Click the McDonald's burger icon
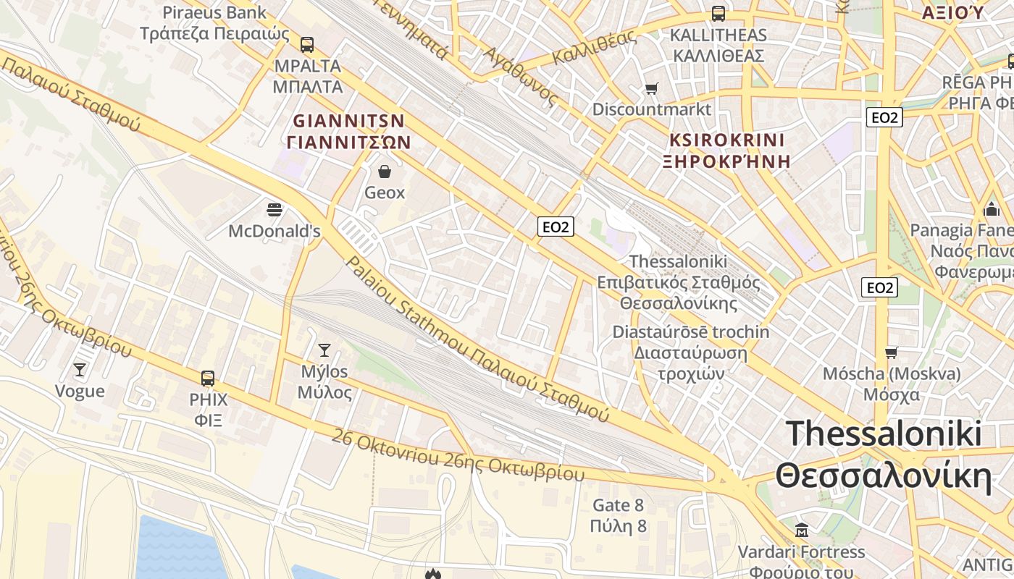click(x=275, y=210)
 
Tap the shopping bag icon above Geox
click(x=385, y=172)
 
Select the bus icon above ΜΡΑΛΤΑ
click(x=307, y=44)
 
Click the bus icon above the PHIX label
click(x=208, y=378)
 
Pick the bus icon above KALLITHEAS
click(x=718, y=13)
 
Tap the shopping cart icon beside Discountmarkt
click(x=652, y=89)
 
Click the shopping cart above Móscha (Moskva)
click(x=891, y=352)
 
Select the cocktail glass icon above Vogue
click(x=80, y=370)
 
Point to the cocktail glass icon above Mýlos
click(x=324, y=350)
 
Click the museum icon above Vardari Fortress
click(x=801, y=530)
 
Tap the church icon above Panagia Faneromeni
click(x=992, y=209)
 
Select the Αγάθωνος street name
click(x=521, y=76)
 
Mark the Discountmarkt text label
click(x=652, y=109)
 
